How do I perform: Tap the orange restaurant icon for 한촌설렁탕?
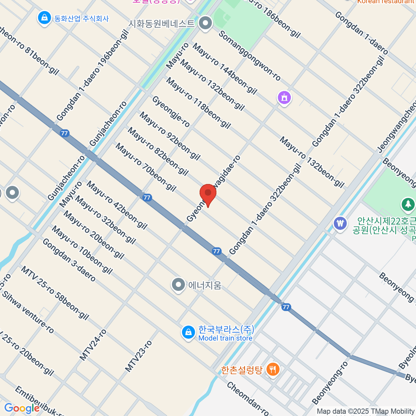[x=273, y=370]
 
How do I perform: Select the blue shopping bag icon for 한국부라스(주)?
[x=188, y=332]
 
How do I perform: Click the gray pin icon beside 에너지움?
[x=179, y=285]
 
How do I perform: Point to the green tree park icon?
[x=408, y=204]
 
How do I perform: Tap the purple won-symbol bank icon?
[x=340, y=223]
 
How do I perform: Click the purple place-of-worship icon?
[x=284, y=98]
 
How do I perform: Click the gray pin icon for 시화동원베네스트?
[x=206, y=23]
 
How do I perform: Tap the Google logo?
[x=22, y=408]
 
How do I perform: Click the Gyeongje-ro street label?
[x=171, y=112]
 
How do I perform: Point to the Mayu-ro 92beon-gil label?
[x=170, y=136]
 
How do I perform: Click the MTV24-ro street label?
[x=93, y=345]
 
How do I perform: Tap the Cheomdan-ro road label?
[x=248, y=399]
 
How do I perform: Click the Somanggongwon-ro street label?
[x=249, y=55]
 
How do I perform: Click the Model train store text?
[x=225, y=338]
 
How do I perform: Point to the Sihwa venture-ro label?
[x=28, y=312]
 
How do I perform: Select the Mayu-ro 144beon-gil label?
[x=225, y=68]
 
